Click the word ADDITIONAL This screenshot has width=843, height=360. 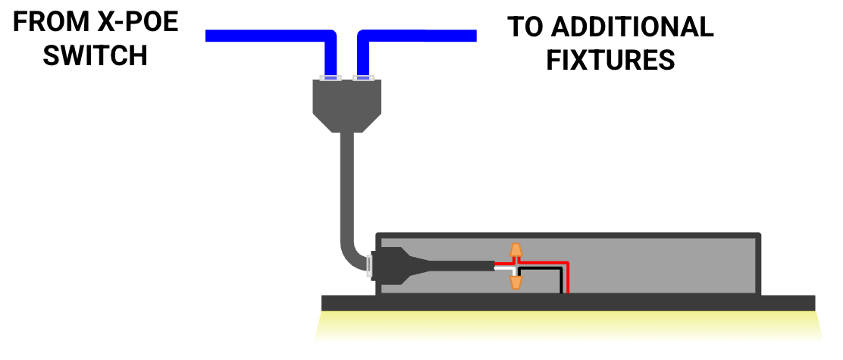[x=631, y=27]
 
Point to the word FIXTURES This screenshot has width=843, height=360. [x=610, y=59]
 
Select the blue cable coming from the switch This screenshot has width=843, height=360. [x=265, y=36]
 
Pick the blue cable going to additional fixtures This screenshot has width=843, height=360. [x=425, y=36]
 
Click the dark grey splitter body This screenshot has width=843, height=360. [x=348, y=102]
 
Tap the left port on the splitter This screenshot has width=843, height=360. [x=331, y=77]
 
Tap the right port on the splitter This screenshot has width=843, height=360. [x=364, y=77]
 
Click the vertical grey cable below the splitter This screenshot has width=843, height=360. [x=348, y=189]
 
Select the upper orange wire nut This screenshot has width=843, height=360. [x=516, y=251]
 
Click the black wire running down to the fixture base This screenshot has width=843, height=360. [x=561, y=280]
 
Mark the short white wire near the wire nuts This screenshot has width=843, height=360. [x=503, y=268]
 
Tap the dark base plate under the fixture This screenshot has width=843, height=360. [x=569, y=303]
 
